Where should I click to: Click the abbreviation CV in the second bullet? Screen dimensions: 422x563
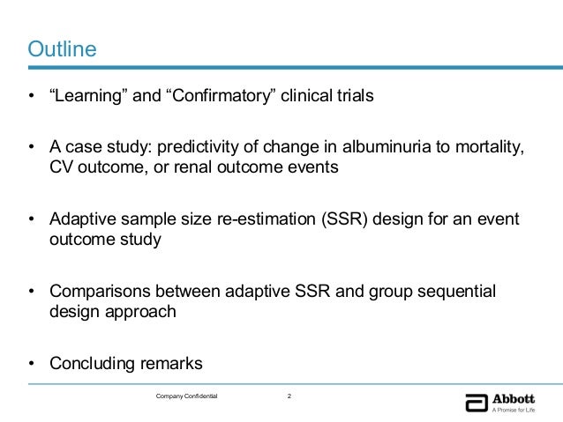62,167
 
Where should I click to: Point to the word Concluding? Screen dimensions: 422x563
92,363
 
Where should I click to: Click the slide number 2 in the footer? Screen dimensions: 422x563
289,397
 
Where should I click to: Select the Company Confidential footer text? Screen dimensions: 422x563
186,397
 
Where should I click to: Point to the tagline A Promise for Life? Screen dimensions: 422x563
514,408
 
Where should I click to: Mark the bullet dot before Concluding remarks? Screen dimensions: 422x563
32,363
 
